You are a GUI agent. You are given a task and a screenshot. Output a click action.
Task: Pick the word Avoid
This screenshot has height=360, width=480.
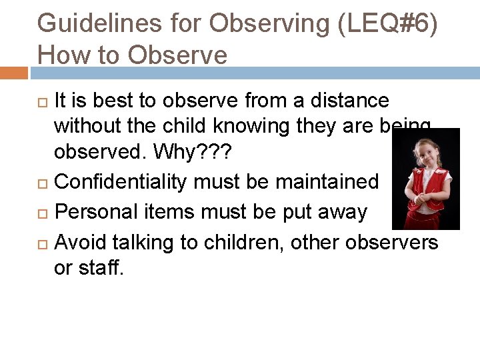click(x=81, y=242)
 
